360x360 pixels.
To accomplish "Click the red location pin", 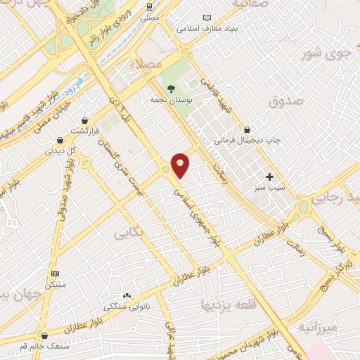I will (180, 165).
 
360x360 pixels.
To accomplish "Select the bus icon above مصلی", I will (149, 6).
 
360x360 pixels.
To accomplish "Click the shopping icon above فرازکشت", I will (85, 121).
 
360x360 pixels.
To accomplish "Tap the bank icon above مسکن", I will (56, 274).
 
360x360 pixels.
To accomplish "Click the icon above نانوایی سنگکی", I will (127, 296).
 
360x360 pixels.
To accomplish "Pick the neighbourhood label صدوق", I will (285, 100).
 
